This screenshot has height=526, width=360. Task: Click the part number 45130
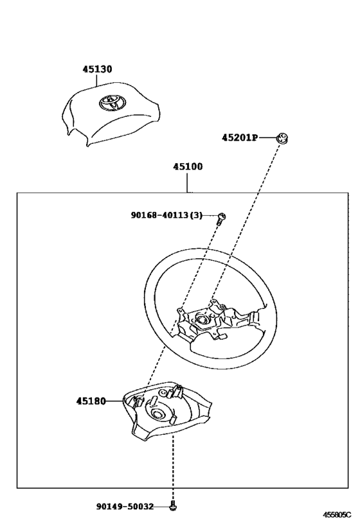point(97,69)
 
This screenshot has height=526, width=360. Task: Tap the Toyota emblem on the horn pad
point(111,102)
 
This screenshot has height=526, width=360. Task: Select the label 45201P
point(240,137)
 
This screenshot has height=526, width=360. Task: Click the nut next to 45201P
point(282,138)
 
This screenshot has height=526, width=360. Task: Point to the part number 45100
point(188,166)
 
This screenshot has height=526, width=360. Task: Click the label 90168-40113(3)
point(166,215)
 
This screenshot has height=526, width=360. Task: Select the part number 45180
point(91,401)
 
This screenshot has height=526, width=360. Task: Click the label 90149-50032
point(125,506)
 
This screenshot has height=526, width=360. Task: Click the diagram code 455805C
point(337,514)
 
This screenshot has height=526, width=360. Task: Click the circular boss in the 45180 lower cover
point(158,414)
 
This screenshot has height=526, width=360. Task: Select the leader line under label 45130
point(96,80)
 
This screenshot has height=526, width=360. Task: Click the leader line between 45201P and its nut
point(267,137)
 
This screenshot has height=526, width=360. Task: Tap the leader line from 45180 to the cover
point(114,401)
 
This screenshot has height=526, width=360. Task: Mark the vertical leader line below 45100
point(187,182)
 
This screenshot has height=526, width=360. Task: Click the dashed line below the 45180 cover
point(173,469)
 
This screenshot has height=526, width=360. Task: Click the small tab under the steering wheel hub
point(222,336)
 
